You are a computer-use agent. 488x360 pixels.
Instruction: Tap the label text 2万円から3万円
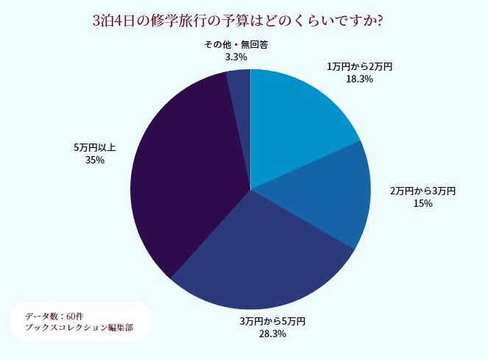coord(423,191)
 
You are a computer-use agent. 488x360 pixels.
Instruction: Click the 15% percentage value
coord(423,203)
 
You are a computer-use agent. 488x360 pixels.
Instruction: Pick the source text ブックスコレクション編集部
coord(79,327)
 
